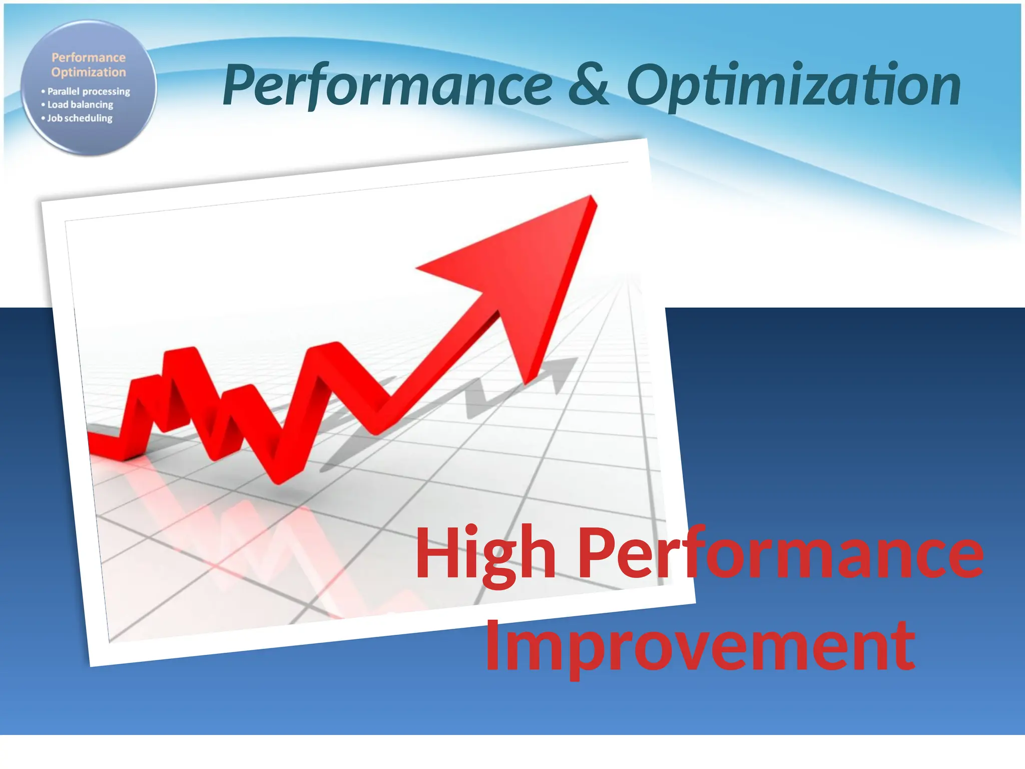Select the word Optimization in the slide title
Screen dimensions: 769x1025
(x=793, y=85)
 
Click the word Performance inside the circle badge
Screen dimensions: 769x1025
(x=89, y=58)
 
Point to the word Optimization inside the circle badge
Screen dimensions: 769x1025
(x=89, y=72)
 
